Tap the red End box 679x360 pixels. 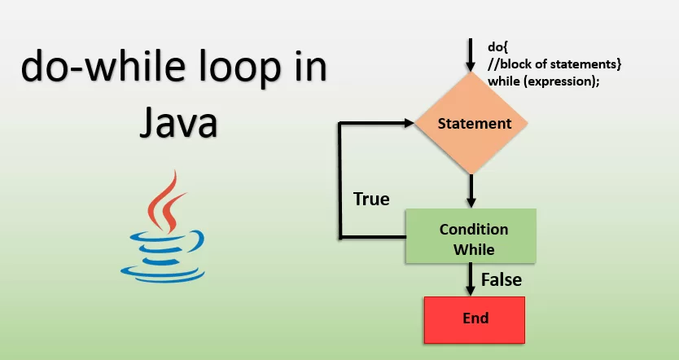pyautogui.click(x=475, y=318)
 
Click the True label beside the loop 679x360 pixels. pyautogui.click(x=370, y=199)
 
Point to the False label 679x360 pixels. pyautogui.click(x=501, y=279)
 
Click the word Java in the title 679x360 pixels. pyautogui.click(x=177, y=123)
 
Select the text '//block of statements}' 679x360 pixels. pyautogui.click(x=543, y=64)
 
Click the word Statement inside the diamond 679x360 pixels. pyautogui.click(x=474, y=124)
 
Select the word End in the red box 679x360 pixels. pyautogui.click(x=475, y=318)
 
